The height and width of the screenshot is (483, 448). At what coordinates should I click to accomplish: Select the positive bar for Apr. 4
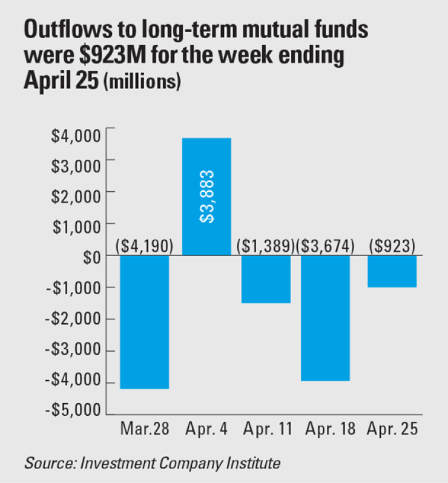[x=206, y=197]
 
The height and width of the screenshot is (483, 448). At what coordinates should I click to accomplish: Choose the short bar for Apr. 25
[x=392, y=271]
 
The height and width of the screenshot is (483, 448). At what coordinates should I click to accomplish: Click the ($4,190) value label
[x=144, y=246]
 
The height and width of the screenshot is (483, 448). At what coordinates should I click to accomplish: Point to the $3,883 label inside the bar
[x=206, y=197]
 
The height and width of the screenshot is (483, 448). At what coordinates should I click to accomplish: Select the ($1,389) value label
[x=266, y=246]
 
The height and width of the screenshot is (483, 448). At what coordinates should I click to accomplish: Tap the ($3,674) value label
[x=327, y=246]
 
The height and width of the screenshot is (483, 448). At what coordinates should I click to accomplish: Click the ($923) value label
[x=392, y=246]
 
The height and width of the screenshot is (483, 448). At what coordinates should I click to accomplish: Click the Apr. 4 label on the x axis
[x=206, y=430]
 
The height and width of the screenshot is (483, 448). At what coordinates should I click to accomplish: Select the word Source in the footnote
[x=46, y=464]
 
